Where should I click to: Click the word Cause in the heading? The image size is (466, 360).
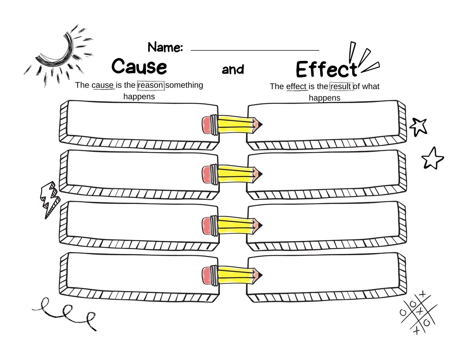coord(139,66)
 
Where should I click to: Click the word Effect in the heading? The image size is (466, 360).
coord(326,70)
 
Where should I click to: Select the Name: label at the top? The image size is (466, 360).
coord(165,47)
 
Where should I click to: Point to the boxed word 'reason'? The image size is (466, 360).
coord(151,85)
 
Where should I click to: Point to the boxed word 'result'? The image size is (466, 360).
coord(341,87)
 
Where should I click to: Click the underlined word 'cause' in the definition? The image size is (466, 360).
coord(103,85)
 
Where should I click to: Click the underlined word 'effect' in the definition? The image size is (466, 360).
coord(296,87)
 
